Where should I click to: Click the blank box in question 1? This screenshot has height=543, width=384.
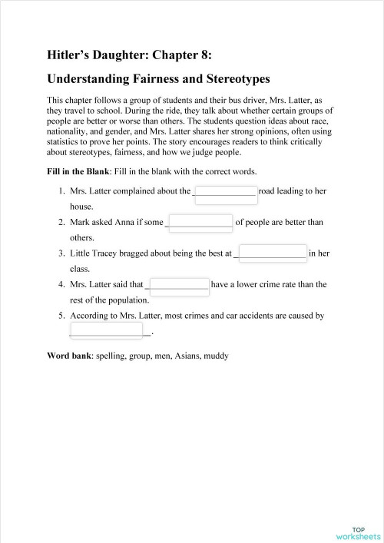[x=226, y=192]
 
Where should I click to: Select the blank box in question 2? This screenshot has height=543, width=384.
[x=200, y=223]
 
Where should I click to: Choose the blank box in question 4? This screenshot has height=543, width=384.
[x=178, y=285]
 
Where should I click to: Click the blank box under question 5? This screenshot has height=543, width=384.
[x=108, y=330]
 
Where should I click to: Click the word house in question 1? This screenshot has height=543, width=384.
[x=81, y=207]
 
